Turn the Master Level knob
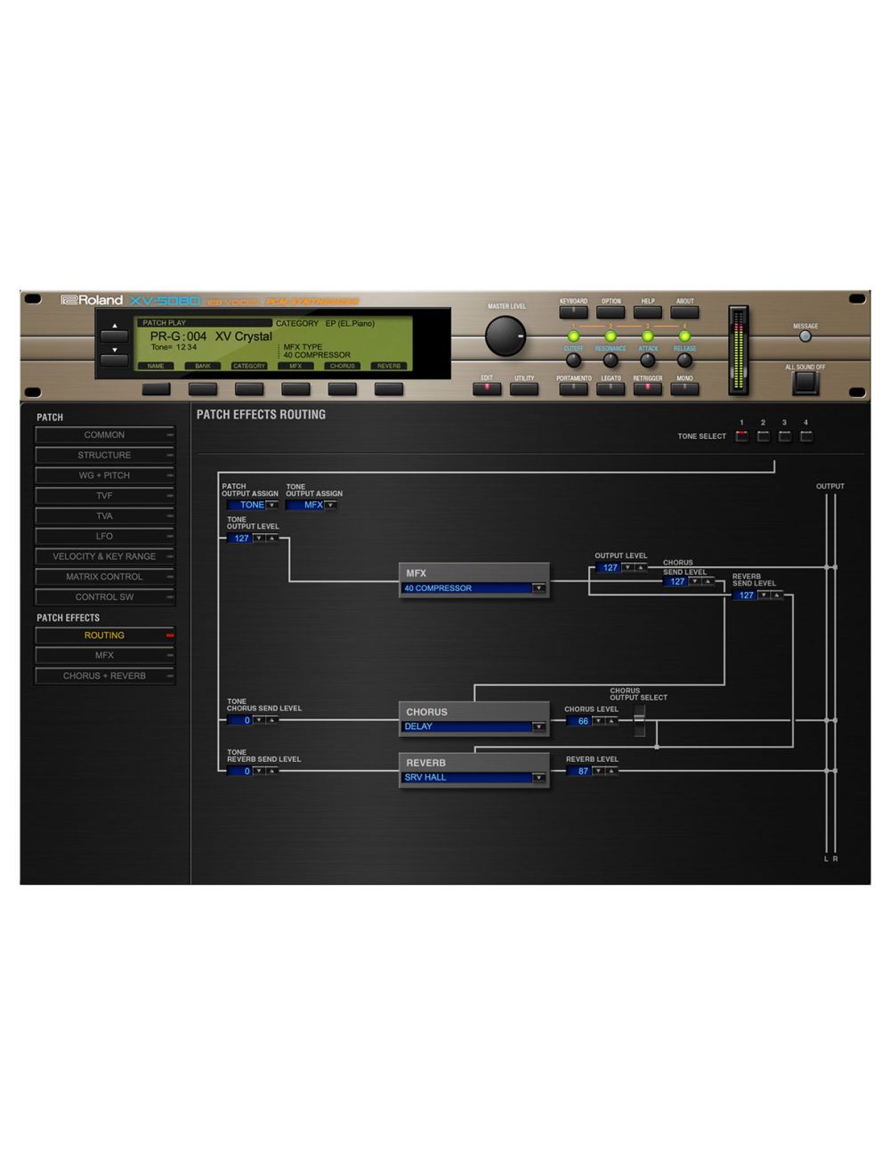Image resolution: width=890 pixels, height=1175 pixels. pos(506,337)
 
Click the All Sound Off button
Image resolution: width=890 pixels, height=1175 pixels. pos(805,382)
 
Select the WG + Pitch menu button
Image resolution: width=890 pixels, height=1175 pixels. pos(104,475)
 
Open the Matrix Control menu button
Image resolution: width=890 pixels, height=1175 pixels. pos(104,577)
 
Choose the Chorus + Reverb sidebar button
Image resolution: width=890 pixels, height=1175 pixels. pos(104,676)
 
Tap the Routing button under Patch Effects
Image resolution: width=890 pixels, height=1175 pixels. pos(104,636)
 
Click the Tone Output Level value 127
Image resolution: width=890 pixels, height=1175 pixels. pos(240,539)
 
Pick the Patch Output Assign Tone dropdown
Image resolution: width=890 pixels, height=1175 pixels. pos(253,506)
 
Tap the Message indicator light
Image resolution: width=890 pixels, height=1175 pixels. pos(805,337)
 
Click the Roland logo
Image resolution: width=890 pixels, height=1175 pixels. pos(93,301)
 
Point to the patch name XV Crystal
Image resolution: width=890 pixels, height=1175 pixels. pos(243,336)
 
